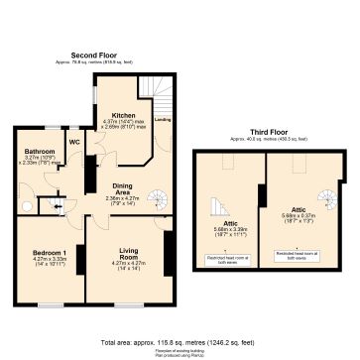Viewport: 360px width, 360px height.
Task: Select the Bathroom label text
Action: pos(39,151)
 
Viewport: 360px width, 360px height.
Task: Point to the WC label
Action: pos(74,142)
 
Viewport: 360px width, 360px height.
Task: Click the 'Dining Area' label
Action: pos(122,188)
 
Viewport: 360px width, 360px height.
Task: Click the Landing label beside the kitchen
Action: pos(162,120)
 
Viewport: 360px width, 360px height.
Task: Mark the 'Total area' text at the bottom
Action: pos(180,340)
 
